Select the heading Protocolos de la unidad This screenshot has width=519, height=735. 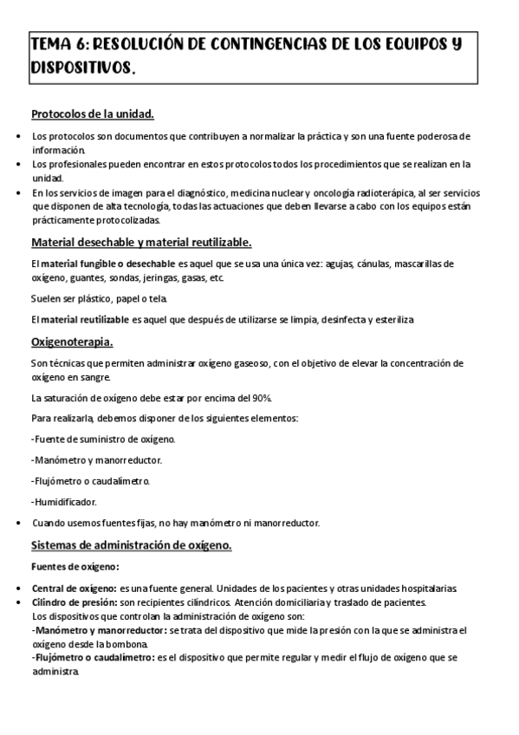click(x=93, y=114)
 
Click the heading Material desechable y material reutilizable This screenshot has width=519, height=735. click(x=141, y=242)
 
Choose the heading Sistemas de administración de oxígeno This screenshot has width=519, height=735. click(x=131, y=545)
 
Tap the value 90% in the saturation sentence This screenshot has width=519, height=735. click(x=259, y=398)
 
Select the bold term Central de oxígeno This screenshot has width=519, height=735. click(x=74, y=589)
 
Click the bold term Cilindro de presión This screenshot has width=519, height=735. click(x=75, y=602)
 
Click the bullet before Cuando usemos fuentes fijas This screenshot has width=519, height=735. click(x=20, y=524)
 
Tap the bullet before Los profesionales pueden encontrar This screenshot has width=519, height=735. click(x=20, y=164)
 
